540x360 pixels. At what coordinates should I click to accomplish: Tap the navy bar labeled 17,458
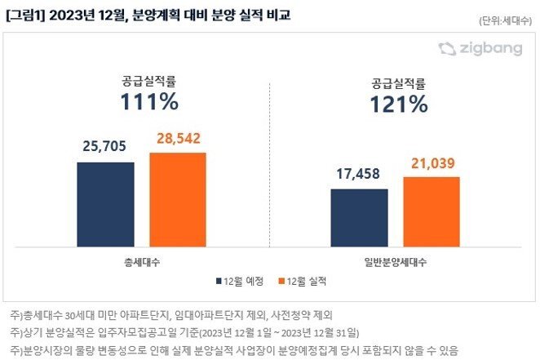pyautogui.click(x=359, y=217)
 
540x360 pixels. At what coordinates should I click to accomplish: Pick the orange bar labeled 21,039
pyautogui.click(x=432, y=211)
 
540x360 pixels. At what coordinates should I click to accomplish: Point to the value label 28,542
pyautogui.click(x=178, y=139)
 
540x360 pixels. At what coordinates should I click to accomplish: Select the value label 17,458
pyautogui.click(x=359, y=174)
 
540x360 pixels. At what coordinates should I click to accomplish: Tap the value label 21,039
pyautogui.click(x=432, y=163)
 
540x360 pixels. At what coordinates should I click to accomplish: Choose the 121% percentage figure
pyautogui.click(x=399, y=104)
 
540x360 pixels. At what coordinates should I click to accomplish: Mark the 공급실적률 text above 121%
pyautogui.click(x=399, y=82)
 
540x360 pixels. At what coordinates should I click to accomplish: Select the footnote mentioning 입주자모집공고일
pyautogui.click(x=188, y=332)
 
